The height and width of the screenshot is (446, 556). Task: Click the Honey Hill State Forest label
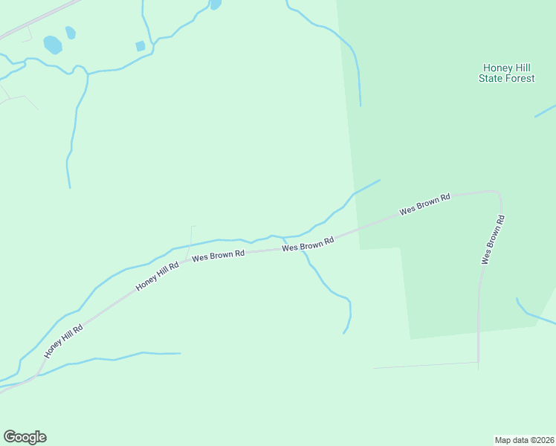coord(506,73)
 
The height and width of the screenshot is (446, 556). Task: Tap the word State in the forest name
coord(493,78)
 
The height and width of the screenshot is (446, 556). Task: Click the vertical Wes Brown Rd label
coord(493,239)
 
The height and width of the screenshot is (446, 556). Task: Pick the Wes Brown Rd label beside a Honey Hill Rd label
coord(219,255)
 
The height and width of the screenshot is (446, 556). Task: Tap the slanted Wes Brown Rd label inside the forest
coord(424,204)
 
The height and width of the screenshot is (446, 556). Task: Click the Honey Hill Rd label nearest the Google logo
coord(63,341)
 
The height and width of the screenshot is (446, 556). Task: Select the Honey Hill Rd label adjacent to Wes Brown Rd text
coord(158,277)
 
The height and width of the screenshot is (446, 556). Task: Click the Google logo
coord(25,437)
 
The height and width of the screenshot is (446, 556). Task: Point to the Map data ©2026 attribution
coord(524,439)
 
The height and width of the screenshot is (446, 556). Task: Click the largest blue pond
coord(53,45)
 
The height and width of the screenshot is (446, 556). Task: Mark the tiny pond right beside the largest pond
coord(71,33)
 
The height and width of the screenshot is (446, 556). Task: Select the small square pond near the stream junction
coord(140,46)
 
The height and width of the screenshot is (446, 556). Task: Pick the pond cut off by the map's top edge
coord(216,4)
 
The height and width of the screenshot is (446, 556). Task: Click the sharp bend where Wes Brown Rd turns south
coord(499,195)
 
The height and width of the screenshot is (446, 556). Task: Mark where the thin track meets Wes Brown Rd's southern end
coord(478,363)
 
